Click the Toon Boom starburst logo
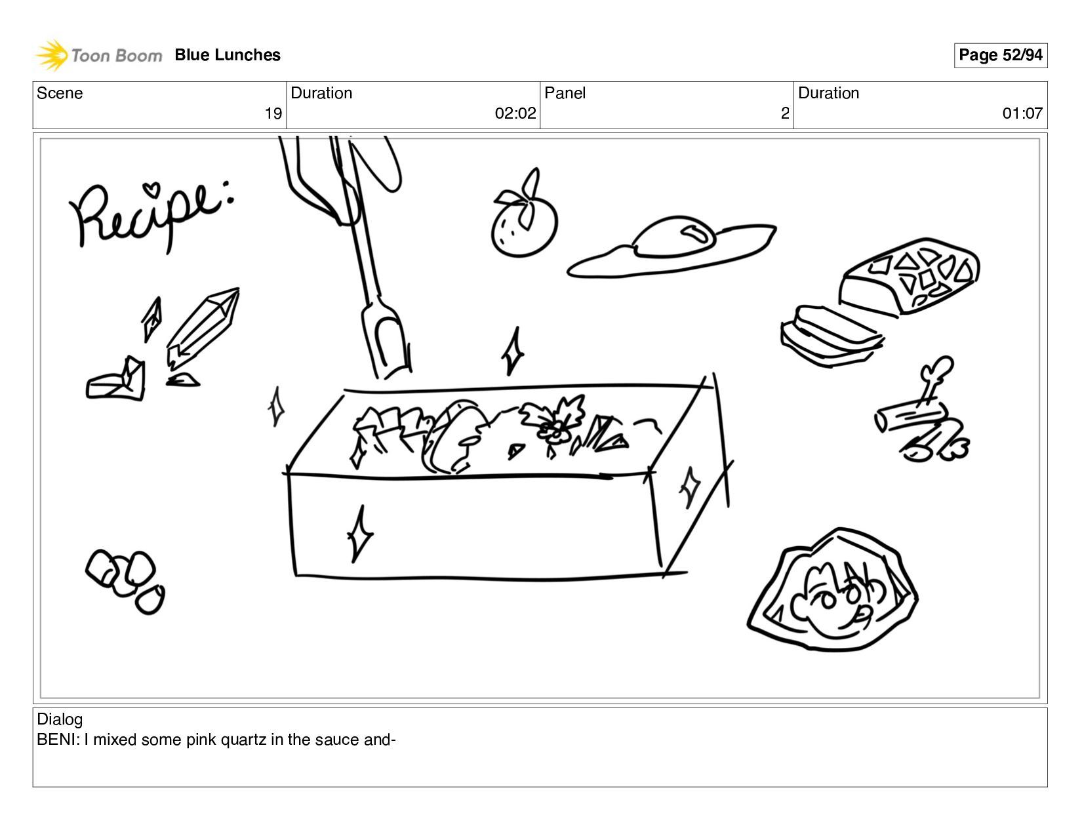[51, 55]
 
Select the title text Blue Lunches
[228, 55]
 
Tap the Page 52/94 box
[1000, 55]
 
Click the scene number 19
[273, 113]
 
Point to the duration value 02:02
[515, 113]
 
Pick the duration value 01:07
[1022, 113]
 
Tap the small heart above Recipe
[151, 189]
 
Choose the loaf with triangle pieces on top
[909, 276]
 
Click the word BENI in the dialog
[56, 740]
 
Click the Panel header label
[565, 93]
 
